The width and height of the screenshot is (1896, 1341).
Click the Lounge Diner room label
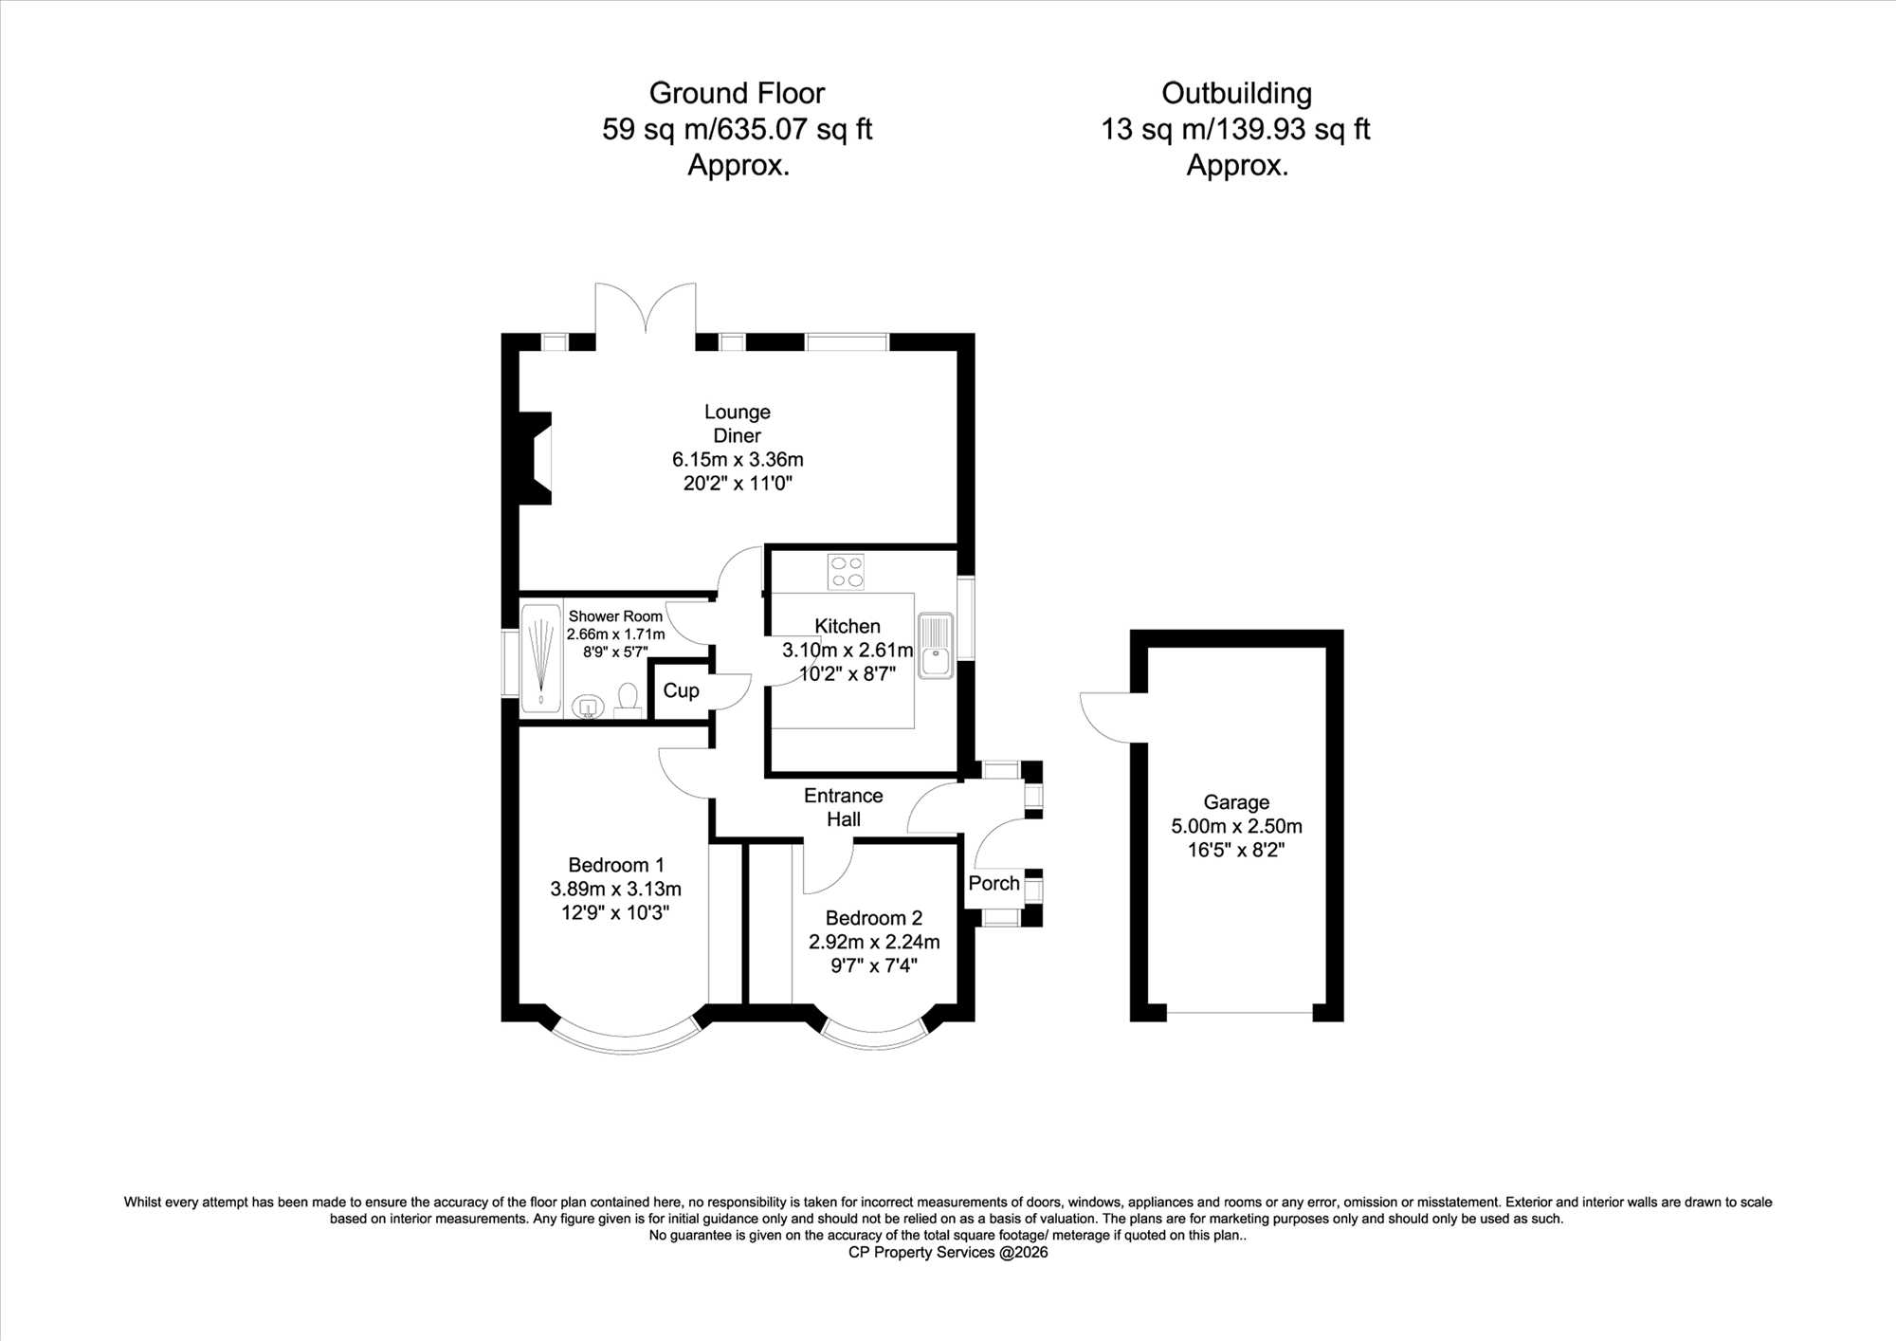click(737, 424)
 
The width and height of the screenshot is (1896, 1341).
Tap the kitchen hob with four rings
click(846, 571)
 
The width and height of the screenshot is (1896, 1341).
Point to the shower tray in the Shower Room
click(541, 657)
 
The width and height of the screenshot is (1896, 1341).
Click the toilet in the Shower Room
click(628, 700)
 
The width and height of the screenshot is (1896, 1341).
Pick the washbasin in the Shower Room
click(589, 707)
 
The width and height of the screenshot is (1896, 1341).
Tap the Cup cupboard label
click(681, 690)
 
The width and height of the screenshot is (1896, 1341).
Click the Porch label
click(994, 883)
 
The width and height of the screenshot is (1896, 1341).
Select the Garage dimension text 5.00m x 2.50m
click(1236, 826)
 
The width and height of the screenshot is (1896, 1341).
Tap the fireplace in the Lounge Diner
click(536, 458)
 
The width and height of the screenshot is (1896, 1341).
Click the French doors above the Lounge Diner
click(646, 308)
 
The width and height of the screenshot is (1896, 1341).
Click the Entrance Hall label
click(843, 807)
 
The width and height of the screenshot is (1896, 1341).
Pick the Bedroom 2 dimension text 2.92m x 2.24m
click(874, 942)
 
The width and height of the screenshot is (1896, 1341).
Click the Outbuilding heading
click(1236, 93)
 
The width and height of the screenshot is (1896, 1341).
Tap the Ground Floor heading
click(737, 93)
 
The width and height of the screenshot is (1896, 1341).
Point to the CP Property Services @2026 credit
click(948, 1252)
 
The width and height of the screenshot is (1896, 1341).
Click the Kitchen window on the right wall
click(965, 617)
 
